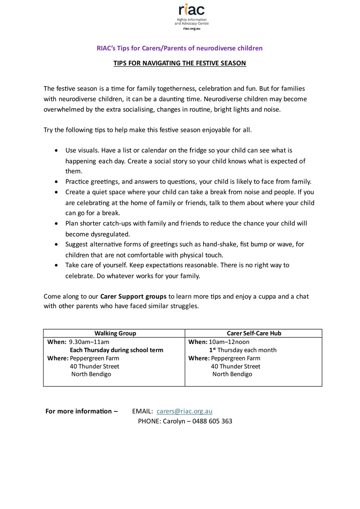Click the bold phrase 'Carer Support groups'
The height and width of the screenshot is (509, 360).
[134, 296]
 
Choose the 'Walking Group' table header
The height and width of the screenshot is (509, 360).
[115, 333]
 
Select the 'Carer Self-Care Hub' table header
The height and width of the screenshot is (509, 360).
[254, 333]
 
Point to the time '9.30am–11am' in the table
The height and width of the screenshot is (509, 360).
[89, 342]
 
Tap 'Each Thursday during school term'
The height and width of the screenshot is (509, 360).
[116, 350]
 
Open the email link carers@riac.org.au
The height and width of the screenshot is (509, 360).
[184, 411]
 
